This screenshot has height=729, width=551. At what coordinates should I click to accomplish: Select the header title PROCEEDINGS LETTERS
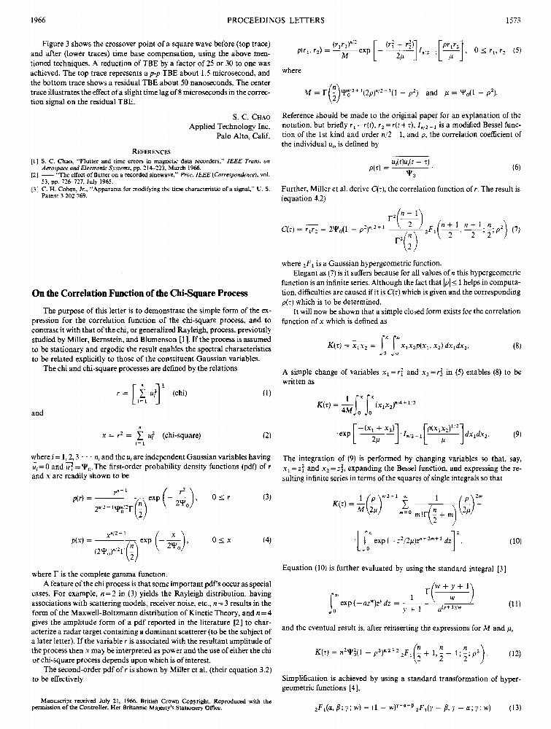coord(274,20)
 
